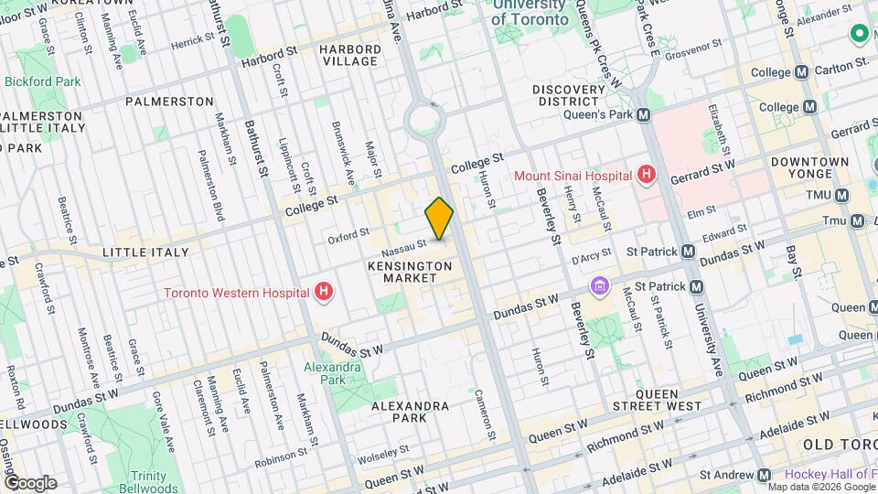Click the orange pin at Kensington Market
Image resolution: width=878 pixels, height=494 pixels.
pyautogui.click(x=439, y=219)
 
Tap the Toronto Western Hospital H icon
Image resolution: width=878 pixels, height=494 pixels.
pyautogui.click(x=322, y=293)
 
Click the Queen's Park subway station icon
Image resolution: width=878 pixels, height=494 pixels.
pyautogui.click(x=644, y=115)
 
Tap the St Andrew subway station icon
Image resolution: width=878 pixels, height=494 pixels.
pyautogui.click(x=764, y=475)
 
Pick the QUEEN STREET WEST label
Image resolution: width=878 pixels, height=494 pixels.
pyautogui.click(x=657, y=399)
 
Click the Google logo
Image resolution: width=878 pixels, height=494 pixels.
pyautogui.click(x=29, y=482)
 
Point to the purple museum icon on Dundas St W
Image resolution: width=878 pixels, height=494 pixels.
pyautogui.click(x=599, y=287)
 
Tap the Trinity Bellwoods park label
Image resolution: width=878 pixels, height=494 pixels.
pyautogui.click(x=148, y=482)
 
